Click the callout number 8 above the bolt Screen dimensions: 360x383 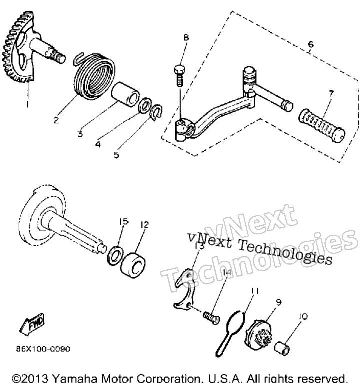click(186, 37)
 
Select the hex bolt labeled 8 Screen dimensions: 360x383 click(180, 76)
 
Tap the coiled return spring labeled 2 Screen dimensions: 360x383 click(94, 76)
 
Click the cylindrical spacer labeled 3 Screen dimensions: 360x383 click(125, 94)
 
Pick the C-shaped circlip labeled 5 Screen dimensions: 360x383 click(157, 112)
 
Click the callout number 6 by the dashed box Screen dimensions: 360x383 click(310, 44)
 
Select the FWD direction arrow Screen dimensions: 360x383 click(32, 324)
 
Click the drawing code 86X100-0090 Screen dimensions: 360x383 click(43, 349)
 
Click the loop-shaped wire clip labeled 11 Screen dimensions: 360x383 click(230, 332)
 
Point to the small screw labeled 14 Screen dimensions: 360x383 click(212, 318)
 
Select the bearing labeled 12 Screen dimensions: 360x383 click(133, 265)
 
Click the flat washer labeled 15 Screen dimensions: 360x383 click(115, 256)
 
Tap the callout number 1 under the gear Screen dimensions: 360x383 click(27, 104)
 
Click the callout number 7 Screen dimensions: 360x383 click(331, 93)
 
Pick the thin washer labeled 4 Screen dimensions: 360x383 click(145, 105)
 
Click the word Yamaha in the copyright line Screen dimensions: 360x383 click(75, 378)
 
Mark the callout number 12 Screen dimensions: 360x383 click(145, 225)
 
